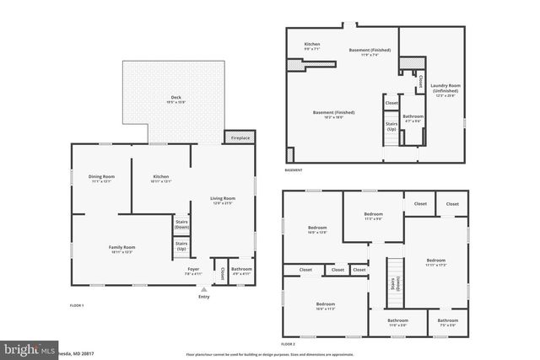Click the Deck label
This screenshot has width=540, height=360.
click(175, 99)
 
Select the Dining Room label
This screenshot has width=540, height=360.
click(101, 178)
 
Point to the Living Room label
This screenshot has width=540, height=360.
click(223, 200)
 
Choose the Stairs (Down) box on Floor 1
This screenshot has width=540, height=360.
click(181, 225)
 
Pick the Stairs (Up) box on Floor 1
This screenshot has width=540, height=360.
click(181, 247)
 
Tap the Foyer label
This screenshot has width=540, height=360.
click(193, 271)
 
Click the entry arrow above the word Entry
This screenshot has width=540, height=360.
click(203, 288)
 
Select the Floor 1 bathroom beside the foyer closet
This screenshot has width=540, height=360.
click(241, 271)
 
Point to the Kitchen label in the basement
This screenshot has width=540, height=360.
click(312, 46)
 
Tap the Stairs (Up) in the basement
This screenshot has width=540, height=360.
click(391, 126)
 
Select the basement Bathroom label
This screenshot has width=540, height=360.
click(413, 118)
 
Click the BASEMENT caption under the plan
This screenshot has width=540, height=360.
click(293, 170)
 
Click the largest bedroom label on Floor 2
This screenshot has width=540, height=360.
click(435, 261)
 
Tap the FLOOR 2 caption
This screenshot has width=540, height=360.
click(289, 345)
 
